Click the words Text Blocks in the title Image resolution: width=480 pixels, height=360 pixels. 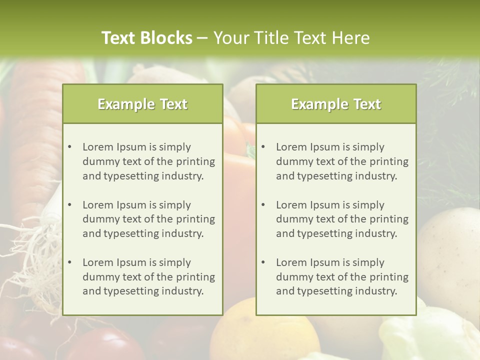tap(146, 38)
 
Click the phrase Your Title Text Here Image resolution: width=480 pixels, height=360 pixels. tap(291, 38)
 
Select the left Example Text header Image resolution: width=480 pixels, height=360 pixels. tap(142, 104)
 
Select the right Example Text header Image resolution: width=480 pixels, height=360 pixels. tap(336, 104)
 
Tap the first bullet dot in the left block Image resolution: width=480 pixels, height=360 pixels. tap(70, 147)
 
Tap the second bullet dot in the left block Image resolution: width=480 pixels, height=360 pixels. tap(70, 205)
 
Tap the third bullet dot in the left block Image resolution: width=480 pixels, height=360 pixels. tap(70, 262)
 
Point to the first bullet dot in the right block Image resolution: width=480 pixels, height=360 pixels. tap(263, 147)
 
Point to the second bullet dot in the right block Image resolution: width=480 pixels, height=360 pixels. tap(263, 205)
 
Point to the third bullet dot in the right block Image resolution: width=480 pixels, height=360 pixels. tap(263, 262)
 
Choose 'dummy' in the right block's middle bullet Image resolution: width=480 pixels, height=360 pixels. tap(292, 219)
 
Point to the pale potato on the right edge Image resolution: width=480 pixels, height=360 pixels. tap(450, 250)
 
